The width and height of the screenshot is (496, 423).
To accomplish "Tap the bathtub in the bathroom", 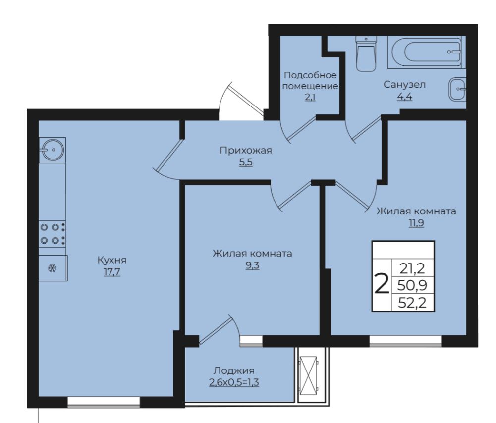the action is pos(427,52).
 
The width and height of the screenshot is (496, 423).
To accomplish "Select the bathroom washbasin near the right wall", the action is pos(457,89).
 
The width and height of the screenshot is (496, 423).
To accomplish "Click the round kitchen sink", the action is pos(53,150).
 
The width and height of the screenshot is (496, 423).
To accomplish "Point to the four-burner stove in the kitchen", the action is pos(53,234).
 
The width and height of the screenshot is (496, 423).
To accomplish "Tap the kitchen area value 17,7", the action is pos(112,271).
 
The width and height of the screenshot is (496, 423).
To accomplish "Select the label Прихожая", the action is pos(246,150).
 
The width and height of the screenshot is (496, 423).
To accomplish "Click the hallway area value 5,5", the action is pos(246,162).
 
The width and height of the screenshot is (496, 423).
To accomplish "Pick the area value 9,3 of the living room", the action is pos(252,265).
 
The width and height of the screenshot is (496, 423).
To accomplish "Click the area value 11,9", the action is pos(416,223).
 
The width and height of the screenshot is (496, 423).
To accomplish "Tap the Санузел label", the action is pos(405,84).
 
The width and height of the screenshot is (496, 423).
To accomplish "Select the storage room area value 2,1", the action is pos(310,97).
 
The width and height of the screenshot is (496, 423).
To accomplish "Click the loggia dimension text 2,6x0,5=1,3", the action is pos(234,382).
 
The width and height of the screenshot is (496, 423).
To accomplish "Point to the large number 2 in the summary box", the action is pos(382,284).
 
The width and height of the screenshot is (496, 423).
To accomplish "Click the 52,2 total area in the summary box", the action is pos(412,303).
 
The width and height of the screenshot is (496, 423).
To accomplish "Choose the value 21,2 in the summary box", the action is pos(412,269).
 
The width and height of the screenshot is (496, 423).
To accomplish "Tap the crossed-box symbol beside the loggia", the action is pos(308,375).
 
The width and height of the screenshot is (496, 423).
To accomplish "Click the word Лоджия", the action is pos(234,370).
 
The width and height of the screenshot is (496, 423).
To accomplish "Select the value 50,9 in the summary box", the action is pos(412,285).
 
